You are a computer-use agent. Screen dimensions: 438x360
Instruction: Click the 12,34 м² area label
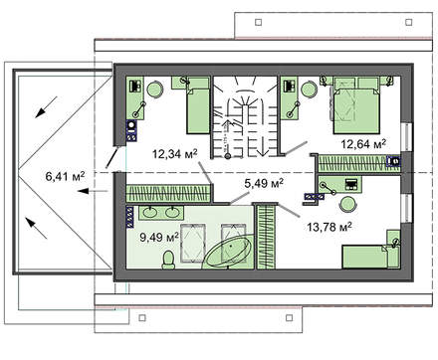pyautogui.click(x=175, y=154)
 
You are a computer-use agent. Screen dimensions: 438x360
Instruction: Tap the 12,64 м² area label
pyautogui.click(x=363, y=144)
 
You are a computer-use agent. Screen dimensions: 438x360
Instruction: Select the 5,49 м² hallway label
pyautogui.click(x=264, y=183)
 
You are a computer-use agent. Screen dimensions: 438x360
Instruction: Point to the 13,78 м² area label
pyautogui.click(x=329, y=227)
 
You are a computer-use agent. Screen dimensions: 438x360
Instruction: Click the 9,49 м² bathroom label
pyautogui.click(x=159, y=237)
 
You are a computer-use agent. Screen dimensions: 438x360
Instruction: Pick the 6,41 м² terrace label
pyautogui.click(x=65, y=176)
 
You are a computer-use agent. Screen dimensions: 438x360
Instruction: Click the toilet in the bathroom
pyautogui.click(x=168, y=260)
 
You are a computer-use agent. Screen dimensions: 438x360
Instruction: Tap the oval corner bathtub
pyautogui.click(x=228, y=251)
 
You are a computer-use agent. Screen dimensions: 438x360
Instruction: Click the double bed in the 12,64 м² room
pyautogui.click(x=356, y=105)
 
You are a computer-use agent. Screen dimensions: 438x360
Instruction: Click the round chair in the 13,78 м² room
pyautogui.click(x=347, y=204)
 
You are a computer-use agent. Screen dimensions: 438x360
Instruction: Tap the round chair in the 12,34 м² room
pyautogui.click(x=154, y=90)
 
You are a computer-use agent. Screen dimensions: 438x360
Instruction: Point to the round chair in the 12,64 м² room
pyautogui.click(x=309, y=90)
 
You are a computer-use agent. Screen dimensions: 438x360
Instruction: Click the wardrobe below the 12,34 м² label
pyautogui.click(x=168, y=194)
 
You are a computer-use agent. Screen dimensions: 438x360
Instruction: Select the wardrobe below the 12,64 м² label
pyautogui.click(x=359, y=163)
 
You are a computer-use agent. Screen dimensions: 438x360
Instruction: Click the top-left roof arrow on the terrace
pyautogui.click(x=47, y=106)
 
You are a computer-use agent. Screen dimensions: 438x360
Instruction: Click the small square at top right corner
pyautogui.click(x=409, y=22)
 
